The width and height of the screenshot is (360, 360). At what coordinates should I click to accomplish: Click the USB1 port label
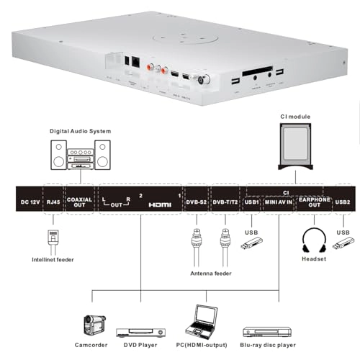(253, 202)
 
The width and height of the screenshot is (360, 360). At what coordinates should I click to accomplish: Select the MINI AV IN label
(279, 202)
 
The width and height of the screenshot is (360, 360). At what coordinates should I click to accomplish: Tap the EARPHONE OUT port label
(314, 202)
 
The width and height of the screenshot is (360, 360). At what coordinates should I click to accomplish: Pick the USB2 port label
(343, 202)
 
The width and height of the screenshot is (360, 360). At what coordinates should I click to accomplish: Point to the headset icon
(315, 240)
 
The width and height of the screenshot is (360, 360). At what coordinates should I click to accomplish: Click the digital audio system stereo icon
(80, 154)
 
